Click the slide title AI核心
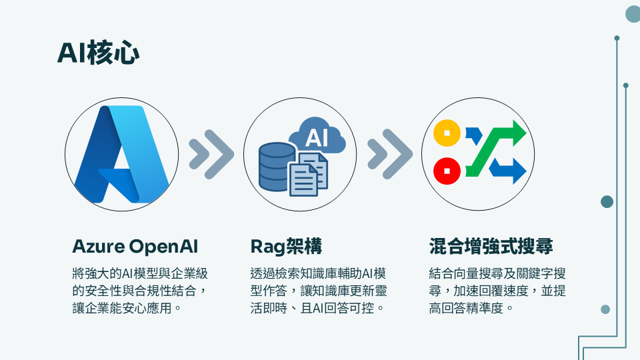[x=98, y=53]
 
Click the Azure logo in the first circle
[x=121, y=154]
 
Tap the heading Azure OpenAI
[x=135, y=247]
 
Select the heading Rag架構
[x=286, y=247]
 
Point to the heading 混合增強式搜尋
[x=491, y=247]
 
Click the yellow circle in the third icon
[x=447, y=133]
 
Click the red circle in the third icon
[x=447, y=171]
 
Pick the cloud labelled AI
[x=317, y=136]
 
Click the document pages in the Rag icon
[x=309, y=175]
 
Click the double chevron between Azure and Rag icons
[x=211, y=154]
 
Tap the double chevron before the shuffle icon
[x=390, y=154]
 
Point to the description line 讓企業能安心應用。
[x=127, y=308]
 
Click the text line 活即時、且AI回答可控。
[x=317, y=308]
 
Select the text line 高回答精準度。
[x=471, y=308]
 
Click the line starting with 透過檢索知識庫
[x=318, y=273]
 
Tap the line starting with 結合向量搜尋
[x=497, y=273]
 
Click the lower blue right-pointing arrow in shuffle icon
[x=508, y=170]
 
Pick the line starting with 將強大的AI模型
[x=140, y=273]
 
